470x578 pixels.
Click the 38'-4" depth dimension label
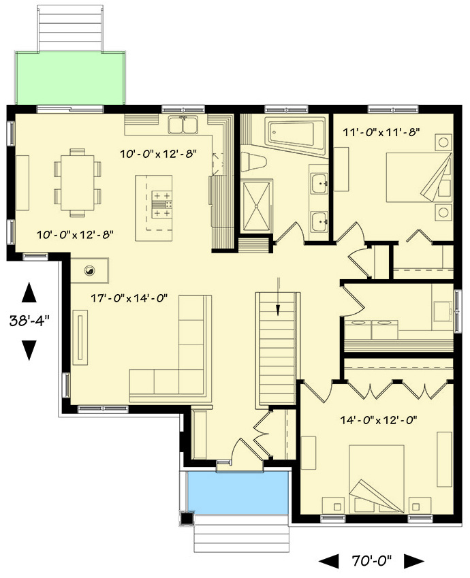coord(29,321)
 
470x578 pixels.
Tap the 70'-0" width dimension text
coord(371,561)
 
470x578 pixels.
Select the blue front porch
coord(236,493)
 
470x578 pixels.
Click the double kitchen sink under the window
coord(183,125)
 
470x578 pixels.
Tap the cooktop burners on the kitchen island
coord(161,204)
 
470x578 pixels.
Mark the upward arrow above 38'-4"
coord(29,292)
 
